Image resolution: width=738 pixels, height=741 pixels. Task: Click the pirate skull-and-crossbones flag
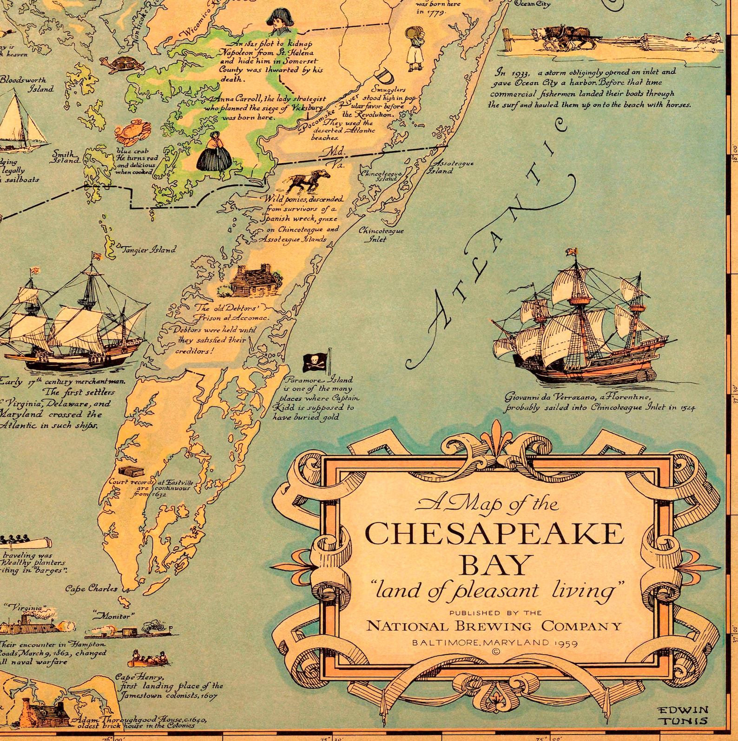coord(315,361)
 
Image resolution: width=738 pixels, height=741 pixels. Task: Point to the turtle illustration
coord(121,64)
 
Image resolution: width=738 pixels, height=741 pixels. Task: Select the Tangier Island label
coord(149,249)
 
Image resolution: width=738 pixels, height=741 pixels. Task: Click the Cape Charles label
coord(91,589)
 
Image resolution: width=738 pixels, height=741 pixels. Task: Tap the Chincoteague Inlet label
coord(381,235)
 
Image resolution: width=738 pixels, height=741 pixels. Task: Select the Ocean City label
coord(533,4)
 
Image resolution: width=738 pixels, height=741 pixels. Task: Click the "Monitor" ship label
coord(114,616)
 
